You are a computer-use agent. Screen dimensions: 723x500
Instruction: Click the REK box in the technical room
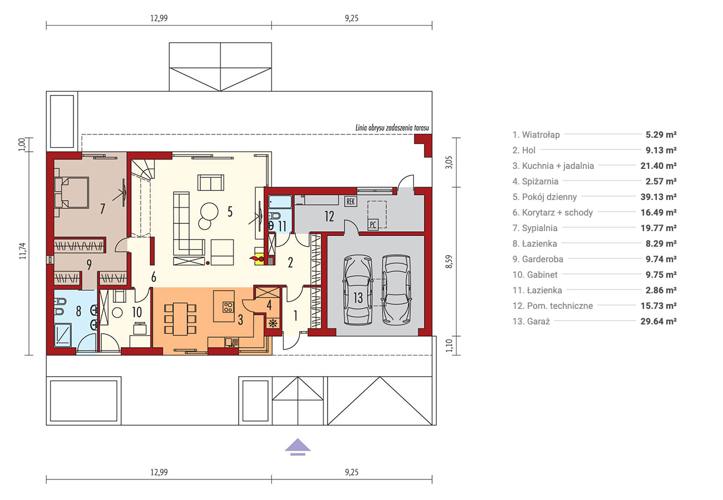click(x=350, y=202)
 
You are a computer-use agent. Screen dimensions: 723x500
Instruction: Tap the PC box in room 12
click(x=373, y=224)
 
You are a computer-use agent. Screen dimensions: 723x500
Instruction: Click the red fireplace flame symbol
click(x=256, y=258)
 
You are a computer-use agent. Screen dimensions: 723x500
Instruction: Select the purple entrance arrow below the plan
click(x=298, y=447)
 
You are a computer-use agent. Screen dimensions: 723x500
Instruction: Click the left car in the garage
click(x=358, y=290)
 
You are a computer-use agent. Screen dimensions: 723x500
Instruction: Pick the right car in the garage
click(x=396, y=289)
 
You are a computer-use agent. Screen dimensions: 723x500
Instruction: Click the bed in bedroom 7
click(x=71, y=192)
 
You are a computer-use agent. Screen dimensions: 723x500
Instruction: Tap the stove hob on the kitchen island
click(x=228, y=307)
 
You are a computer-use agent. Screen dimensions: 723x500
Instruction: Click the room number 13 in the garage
click(x=358, y=298)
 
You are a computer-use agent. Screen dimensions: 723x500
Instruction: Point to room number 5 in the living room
click(x=230, y=212)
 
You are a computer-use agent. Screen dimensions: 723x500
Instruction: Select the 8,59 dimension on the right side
click(x=449, y=262)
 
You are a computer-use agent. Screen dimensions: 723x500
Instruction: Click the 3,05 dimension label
click(x=449, y=162)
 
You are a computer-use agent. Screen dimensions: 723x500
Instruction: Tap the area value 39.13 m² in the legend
click(x=658, y=197)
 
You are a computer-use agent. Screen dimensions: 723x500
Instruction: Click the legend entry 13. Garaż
click(x=531, y=321)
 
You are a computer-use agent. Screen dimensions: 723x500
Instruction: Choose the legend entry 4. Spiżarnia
click(x=535, y=181)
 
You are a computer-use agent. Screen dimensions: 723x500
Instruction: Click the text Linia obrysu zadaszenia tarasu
click(x=392, y=128)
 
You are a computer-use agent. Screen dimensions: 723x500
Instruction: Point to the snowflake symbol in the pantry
click(x=273, y=323)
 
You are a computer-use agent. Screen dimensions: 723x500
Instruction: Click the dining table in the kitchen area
click(x=180, y=319)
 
